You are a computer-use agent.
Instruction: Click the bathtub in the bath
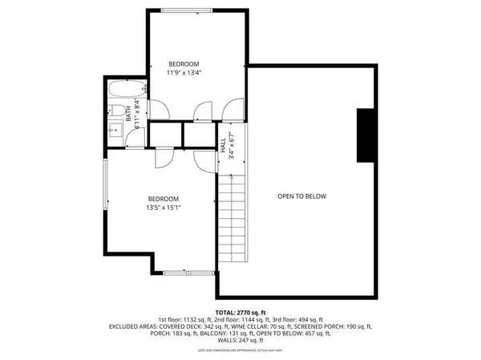tap(126, 89)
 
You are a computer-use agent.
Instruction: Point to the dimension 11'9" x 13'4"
tap(183, 73)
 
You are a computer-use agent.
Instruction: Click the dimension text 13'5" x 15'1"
tap(163, 208)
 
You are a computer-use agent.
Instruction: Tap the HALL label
tap(222, 145)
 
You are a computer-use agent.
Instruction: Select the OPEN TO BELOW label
tap(301, 196)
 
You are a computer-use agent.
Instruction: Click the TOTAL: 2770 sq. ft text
tap(240, 312)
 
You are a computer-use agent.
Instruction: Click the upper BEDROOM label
tap(183, 64)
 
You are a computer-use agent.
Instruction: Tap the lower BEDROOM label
tap(163, 199)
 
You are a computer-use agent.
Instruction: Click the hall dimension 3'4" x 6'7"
tap(231, 145)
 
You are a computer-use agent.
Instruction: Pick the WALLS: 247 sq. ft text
tap(240, 341)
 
